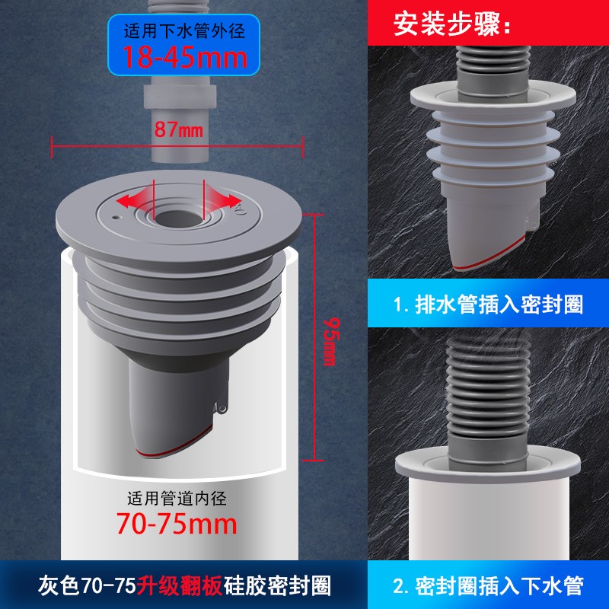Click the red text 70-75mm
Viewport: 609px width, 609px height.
coord(176,523)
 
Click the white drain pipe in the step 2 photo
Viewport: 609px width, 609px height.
coord(486,525)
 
